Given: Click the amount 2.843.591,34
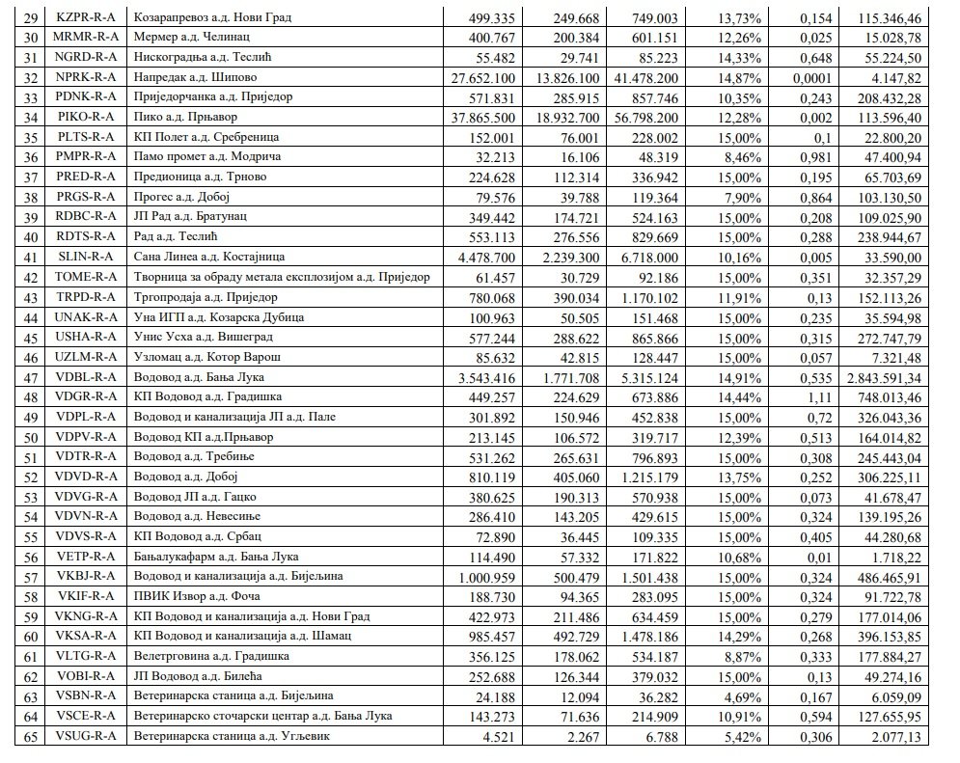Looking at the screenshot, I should [x=892, y=376].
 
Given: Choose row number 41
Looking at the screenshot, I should [x=31, y=258].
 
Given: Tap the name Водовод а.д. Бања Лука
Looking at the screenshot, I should [x=200, y=376].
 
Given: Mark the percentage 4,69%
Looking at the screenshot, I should [x=742, y=696].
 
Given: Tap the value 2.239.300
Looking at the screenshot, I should [x=582, y=258].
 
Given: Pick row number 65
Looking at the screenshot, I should [x=31, y=737].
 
